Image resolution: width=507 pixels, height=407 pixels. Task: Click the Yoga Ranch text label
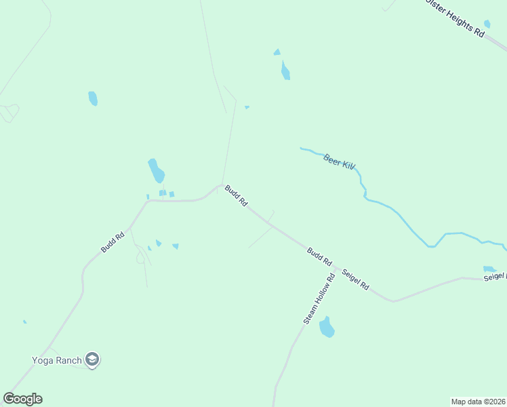tap(57, 360)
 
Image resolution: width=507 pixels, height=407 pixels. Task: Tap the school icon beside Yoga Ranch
tap(93, 360)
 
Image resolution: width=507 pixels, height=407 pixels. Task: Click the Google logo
tap(22, 399)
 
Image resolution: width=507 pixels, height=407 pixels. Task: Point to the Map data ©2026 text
tap(478, 402)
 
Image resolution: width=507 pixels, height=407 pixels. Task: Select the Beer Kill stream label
tap(339, 161)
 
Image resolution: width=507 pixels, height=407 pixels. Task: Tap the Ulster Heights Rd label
tap(455, 18)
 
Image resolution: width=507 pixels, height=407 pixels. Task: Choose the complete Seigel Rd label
tap(355, 280)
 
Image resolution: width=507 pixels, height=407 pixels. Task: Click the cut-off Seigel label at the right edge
tap(495, 277)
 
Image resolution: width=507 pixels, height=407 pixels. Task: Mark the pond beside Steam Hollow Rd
tap(327, 327)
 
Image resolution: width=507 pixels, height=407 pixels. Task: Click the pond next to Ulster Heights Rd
tap(487, 24)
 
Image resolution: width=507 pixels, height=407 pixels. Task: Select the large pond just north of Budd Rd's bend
tap(157, 171)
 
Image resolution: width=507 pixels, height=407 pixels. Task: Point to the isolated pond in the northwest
tap(93, 98)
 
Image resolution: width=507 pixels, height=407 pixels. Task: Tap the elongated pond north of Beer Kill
tap(285, 70)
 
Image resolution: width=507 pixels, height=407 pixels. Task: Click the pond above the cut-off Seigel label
tap(489, 269)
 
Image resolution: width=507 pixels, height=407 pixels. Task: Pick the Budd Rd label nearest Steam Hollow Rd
tap(319, 256)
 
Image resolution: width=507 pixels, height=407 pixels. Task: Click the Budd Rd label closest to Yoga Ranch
tap(113, 242)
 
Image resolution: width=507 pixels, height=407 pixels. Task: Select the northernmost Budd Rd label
tap(237, 196)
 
